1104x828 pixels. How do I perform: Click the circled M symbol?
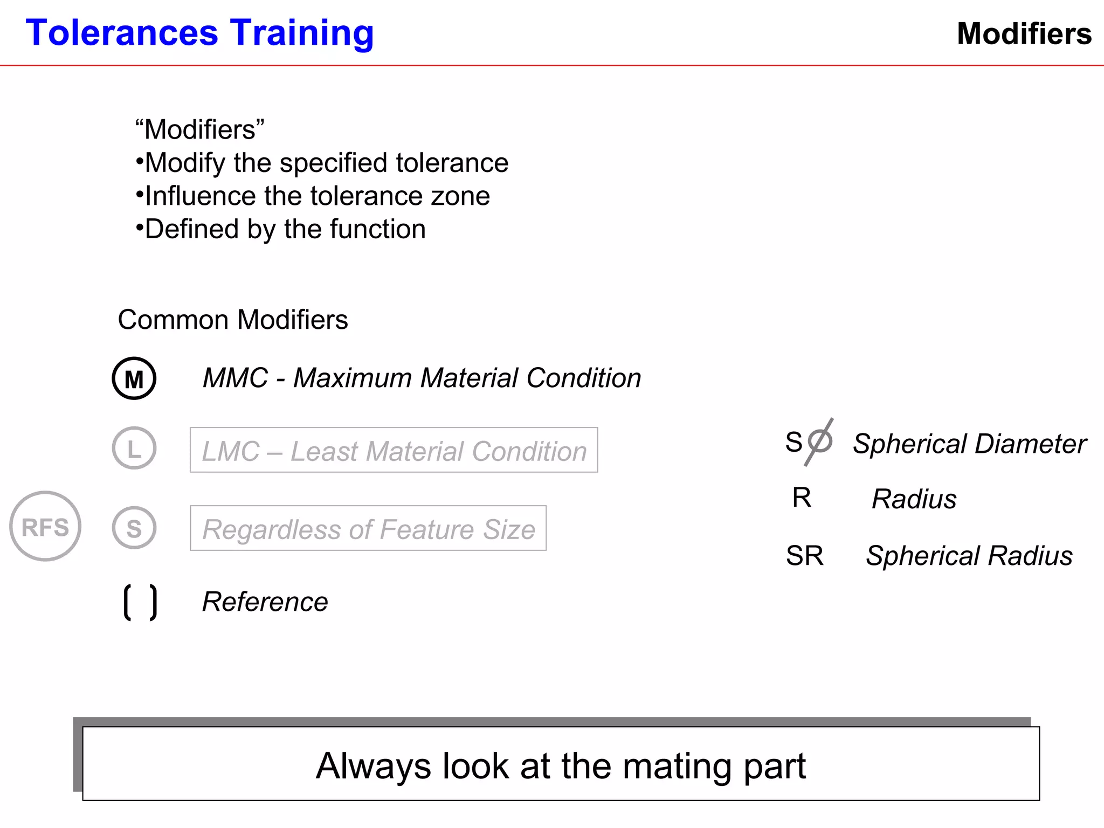coord(134,378)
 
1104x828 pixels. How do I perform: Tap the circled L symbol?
coord(134,448)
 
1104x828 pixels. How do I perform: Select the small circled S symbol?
coord(134,528)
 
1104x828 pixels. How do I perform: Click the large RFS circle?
coord(45,526)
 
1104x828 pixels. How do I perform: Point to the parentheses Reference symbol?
coord(140,602)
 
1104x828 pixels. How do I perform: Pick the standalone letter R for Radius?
coord(802,498)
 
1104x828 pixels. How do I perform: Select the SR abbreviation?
coord(805,556)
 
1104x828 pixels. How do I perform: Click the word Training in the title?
coord(302,33)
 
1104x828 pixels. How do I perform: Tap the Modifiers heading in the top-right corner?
coord(1024,34)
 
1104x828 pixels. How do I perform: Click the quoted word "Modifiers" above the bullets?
coord(199,130)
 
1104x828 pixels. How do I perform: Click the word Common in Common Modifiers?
coord(173,320)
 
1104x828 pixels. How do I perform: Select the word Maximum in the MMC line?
coord(353,378)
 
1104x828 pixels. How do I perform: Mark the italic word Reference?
coord(265,602)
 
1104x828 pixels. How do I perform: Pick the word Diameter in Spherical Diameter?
coord(1030,444)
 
